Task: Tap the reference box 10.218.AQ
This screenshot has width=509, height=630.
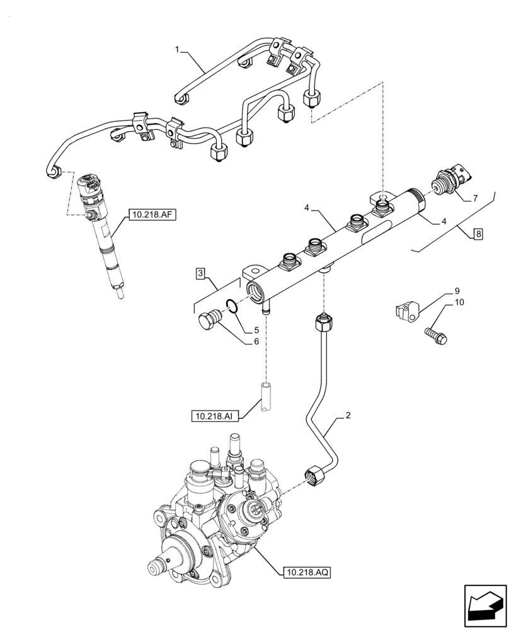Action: click(306, 572)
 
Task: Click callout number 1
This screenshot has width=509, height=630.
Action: click(178, 49)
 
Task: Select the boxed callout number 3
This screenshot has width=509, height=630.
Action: click(199, 273)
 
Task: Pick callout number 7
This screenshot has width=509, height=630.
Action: click(476, 198)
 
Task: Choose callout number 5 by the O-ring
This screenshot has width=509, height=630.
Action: click(256, 330)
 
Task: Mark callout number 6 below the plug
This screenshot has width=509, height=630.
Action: click(256, 341)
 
